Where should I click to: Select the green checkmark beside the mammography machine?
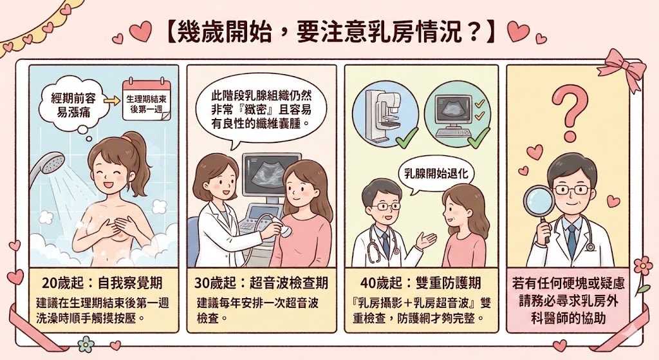407,137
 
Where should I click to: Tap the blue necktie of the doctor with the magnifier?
571,239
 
